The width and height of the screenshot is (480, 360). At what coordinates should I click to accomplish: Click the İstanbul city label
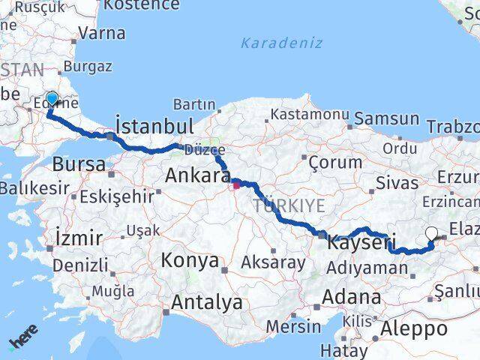tap(154, 125)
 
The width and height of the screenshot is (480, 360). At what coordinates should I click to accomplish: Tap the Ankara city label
tap(199, 175)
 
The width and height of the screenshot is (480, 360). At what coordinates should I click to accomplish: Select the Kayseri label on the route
tap(358, 243)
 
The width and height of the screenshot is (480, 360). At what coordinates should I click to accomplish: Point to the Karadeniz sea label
tap(282, 43)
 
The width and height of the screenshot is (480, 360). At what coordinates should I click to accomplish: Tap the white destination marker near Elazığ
tap(431, 234)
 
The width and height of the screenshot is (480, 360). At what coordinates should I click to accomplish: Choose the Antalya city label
tap(207, 302)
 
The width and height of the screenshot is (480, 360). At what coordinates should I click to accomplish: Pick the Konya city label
tap(190, 260)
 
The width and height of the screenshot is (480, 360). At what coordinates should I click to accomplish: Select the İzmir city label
tap(79, 238)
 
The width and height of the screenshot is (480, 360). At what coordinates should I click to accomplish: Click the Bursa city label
tap(79, 163)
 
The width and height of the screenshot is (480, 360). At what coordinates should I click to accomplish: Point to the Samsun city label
tap(386, 118)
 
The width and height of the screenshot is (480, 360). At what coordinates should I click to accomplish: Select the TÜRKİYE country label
tap(289, 205)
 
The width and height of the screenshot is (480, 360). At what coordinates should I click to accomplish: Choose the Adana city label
tap(351, 297)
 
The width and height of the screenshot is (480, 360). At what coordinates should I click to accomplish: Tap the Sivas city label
tap(397, 183)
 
